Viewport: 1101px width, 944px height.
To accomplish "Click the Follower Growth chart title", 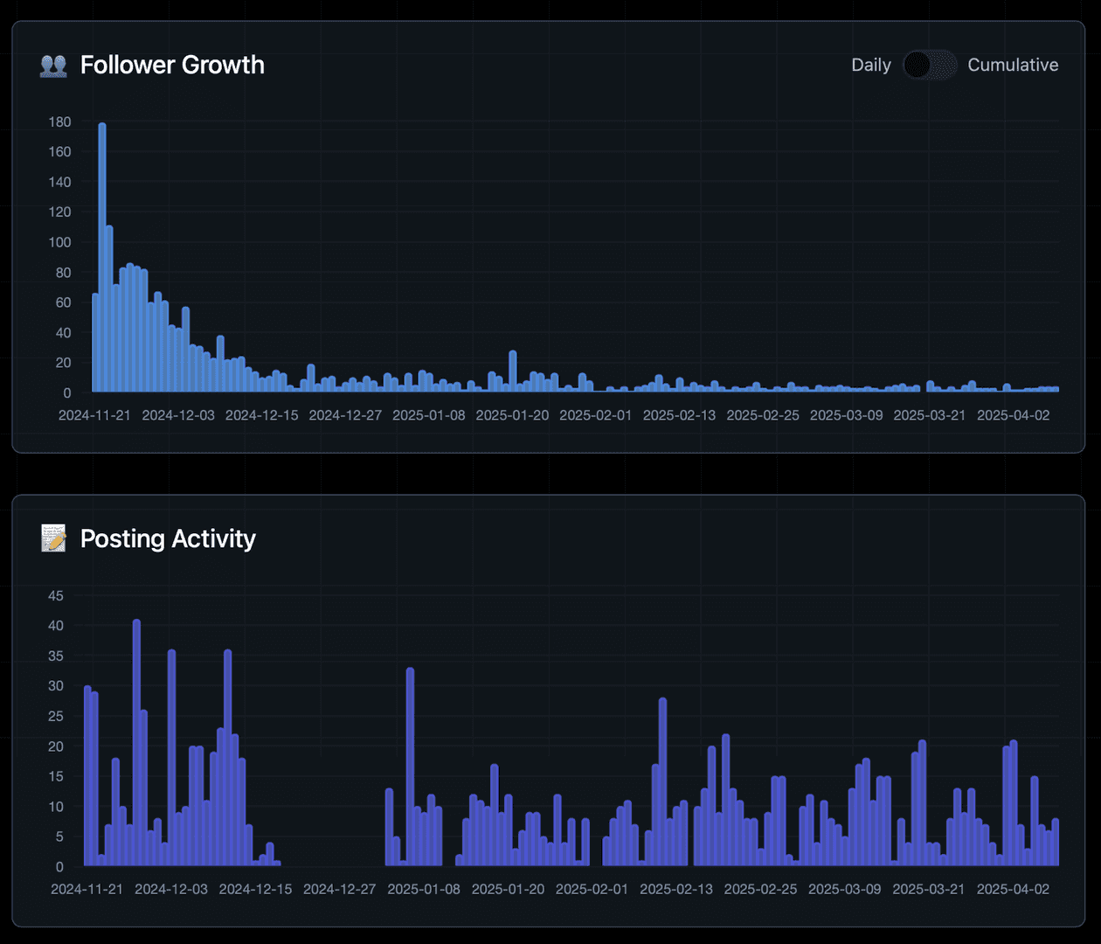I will [x=172, y=65].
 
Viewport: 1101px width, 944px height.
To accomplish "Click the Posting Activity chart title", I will [x=168, y=538].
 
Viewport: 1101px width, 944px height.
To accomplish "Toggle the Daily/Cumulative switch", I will [x=929, y=65].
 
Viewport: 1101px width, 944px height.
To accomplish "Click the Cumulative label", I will [x=1013, y=65].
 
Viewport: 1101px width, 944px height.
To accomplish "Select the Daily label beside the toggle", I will [x=870, y=65].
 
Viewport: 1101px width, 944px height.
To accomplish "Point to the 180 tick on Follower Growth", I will [x=60, y=121].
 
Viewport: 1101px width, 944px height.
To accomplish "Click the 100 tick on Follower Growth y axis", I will [x=60, y=242].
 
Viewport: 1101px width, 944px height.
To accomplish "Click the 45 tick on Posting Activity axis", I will [x=56, y=595].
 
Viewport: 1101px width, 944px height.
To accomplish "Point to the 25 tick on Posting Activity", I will [x=56, y=716].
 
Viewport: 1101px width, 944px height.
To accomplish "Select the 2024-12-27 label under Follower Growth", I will [x=345, y=415].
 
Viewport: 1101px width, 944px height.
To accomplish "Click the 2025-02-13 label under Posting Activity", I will [x=675, y=889].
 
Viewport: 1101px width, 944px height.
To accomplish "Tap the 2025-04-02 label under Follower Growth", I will [x=1013, y=415].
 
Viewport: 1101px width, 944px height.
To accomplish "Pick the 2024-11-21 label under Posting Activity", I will [x=87, y=889].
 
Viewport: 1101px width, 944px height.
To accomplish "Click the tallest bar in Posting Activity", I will [x=136, y=743].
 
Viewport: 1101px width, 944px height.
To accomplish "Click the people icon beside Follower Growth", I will [x=53, y=66].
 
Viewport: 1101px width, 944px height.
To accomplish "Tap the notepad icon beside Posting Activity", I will [x=53, y=538].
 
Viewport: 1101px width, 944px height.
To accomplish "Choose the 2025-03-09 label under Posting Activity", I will [x=844, y=889].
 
